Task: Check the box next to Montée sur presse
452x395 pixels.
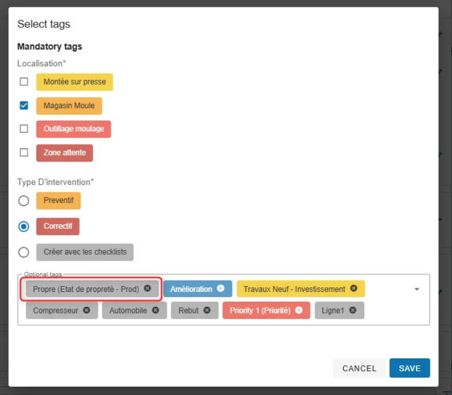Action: point(24,82)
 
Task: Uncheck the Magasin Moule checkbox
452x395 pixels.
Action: point(24,105)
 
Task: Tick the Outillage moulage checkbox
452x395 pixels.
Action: point(24,128)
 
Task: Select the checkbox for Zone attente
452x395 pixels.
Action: point(24,152)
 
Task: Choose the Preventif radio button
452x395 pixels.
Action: point(23,200)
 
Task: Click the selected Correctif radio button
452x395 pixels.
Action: point(23,227)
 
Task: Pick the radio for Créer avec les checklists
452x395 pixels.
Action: point(23,252)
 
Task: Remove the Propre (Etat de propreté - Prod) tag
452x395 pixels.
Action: point(147,289)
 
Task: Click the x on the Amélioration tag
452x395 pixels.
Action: point(221,289)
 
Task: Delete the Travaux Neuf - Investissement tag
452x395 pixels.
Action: point(353,289)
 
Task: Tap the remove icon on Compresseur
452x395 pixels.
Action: point(87,310)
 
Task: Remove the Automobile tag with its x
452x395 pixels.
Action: point(155,310)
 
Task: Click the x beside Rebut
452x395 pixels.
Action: point(207,310)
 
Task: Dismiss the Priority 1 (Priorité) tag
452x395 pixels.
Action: point(299,310)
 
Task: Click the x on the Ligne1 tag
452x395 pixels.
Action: point(353,310)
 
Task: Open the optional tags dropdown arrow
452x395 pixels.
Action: point(417,289)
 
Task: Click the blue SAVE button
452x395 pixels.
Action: point(410,368)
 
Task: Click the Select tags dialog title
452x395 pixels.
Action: point(44,24)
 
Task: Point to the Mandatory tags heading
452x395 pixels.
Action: point(50,47)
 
